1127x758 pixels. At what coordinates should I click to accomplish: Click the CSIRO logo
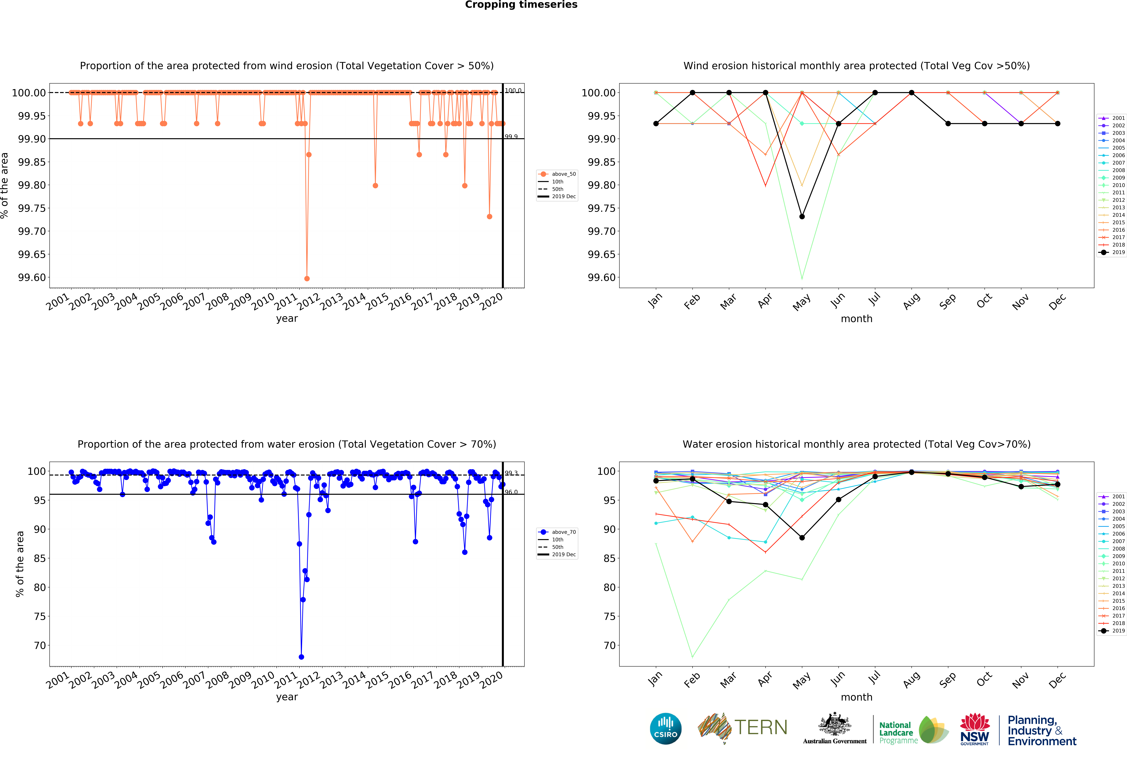point(666,728)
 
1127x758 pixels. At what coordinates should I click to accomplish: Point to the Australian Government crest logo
point(835,728)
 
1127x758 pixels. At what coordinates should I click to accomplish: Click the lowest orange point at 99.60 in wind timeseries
point(307,278)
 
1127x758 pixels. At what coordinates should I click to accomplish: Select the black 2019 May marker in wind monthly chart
point(802,217)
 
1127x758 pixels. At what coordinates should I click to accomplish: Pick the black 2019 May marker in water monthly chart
point(802,538)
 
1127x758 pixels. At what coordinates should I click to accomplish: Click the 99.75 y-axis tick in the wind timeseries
point(32,208)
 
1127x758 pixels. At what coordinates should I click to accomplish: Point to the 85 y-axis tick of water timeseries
point(40,558)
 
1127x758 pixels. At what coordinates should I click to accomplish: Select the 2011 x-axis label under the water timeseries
point(286,680)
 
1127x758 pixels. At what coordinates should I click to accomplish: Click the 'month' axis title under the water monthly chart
point(856,697)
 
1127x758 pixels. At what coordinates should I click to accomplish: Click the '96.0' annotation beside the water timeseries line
point(511,492)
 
